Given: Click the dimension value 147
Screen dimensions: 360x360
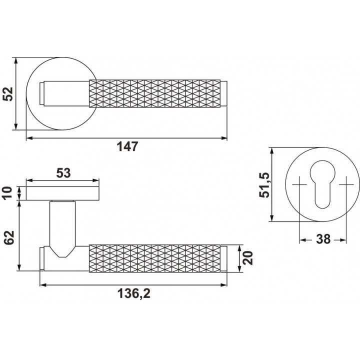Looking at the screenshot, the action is click(x=127, y=146).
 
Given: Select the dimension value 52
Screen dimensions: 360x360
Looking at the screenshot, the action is click(x=8, y=94).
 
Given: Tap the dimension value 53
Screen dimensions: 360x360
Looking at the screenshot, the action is click(x=63, y=173).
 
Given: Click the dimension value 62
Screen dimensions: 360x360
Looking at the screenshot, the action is click(x=9, y=237).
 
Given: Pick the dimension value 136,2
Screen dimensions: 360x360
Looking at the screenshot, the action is click(x=134, y=293).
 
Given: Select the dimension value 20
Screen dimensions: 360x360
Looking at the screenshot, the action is click(x=248, y=258).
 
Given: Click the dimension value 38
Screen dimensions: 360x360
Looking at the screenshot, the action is click(x=323, y=239).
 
